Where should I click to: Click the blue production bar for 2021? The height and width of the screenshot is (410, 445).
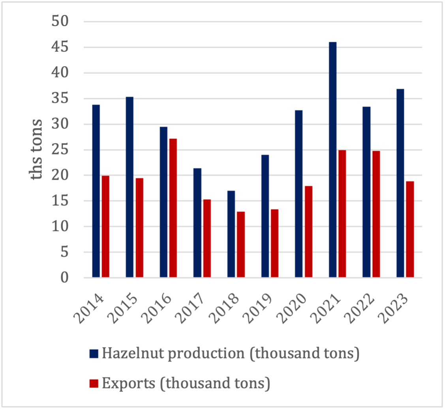[332, 160]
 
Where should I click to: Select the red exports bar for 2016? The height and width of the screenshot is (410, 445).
[173, 208]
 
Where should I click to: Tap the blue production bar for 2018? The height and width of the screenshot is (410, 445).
[231, 234]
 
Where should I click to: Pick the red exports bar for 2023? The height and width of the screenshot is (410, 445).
[410, 229]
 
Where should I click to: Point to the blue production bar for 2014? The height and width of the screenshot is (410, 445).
[96, 191]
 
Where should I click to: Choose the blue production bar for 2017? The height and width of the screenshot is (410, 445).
[197, 223]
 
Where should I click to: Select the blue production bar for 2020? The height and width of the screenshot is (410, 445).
[299, 194]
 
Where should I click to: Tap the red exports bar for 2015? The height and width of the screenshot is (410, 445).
[139, 228]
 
